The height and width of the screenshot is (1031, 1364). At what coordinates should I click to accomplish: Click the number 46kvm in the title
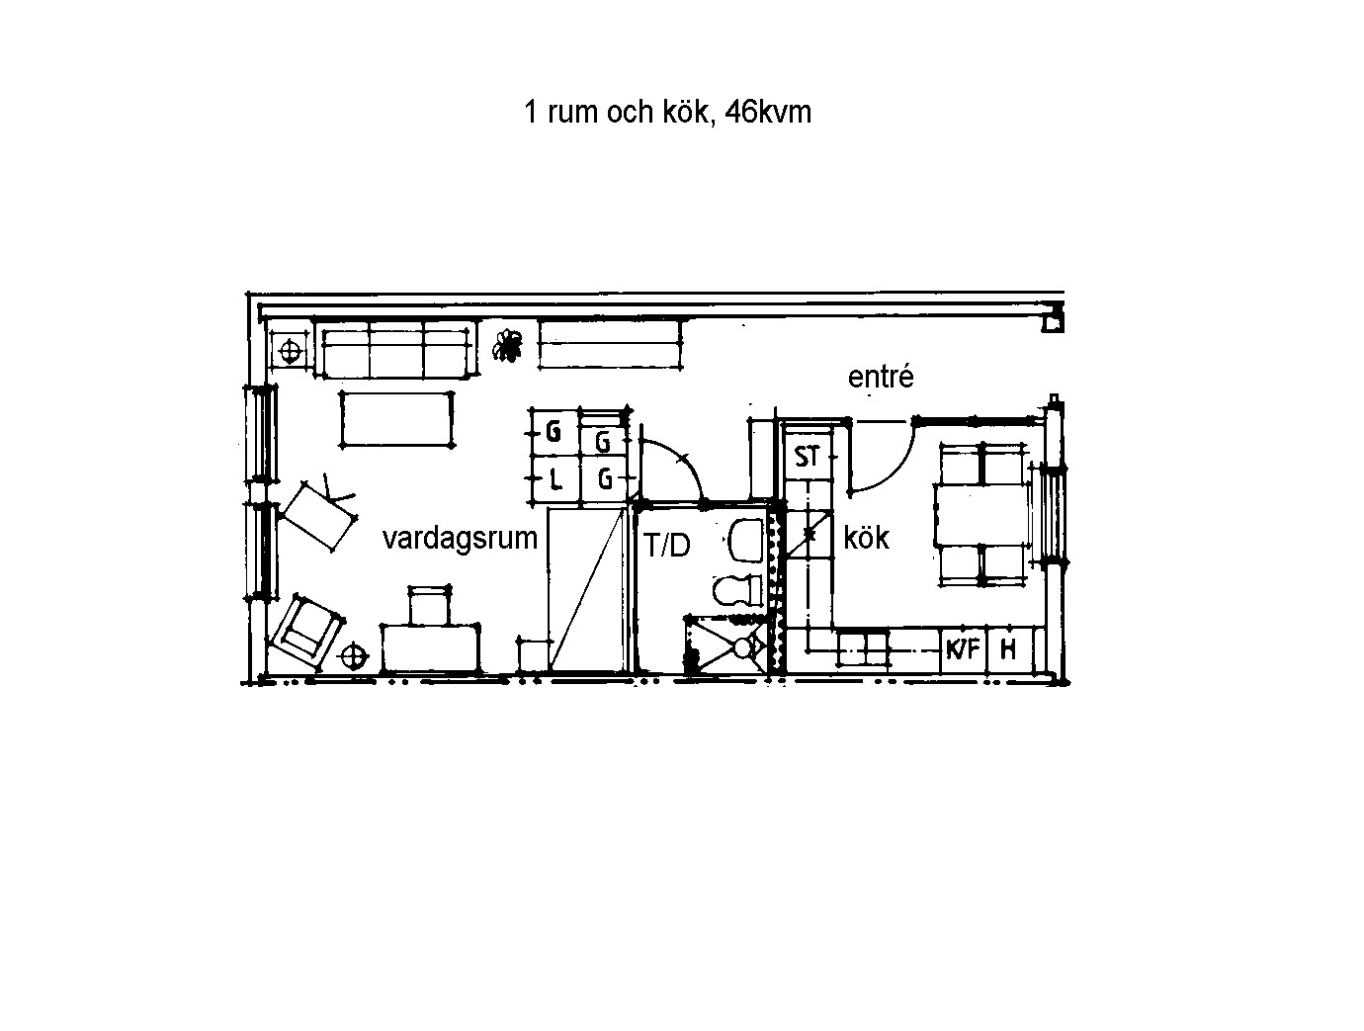tap(768, 113)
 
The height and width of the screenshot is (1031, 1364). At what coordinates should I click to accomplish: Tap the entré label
tap(881, 377)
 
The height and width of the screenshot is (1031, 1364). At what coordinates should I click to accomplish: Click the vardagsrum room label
tap(460, 538)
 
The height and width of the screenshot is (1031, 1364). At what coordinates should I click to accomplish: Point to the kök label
tap(866, 537)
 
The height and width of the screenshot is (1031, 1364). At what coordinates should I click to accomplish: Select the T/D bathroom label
tap(667, 545)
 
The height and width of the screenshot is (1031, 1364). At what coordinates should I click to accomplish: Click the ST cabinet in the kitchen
tap(808, 457)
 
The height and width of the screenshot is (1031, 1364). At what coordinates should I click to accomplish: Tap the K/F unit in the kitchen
tap(963, 650)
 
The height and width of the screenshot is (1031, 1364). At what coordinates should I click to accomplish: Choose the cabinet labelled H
tap(1008, 650)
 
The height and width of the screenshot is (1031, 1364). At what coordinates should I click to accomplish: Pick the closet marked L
tap(555, 479)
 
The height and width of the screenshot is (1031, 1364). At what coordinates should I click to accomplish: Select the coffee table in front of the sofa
tap(396, 419)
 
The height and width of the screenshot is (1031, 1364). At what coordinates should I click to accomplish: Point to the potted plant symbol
tap(507, 346)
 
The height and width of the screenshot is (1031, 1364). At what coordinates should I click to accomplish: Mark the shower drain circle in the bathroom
tap(742, 647)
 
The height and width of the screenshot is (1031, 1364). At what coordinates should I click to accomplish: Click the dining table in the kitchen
tap(981, 515)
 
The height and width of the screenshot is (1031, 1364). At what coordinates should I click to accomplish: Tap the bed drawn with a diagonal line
tap(587, 589)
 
